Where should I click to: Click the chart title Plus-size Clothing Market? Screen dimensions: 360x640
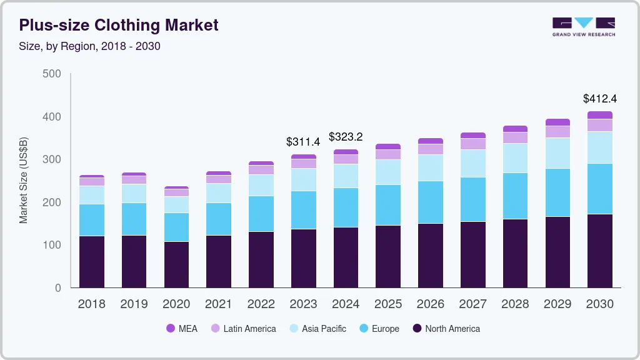(x=119, y=26)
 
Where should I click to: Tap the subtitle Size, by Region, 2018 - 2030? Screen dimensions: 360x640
(x=90, y=46)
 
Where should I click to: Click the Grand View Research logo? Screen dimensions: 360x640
(x=583, y=27)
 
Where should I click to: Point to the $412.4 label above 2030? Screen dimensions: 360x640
(x=599, y=99)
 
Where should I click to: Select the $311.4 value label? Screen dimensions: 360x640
(x=303, y=142)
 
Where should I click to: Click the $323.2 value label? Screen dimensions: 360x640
(x=346, y=137)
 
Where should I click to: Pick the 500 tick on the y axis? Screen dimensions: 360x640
(x=52, y=74)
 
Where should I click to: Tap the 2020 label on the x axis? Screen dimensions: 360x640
(x=176, y=304)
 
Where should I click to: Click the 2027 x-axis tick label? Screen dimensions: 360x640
(x=472, y=304)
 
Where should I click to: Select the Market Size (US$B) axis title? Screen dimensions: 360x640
(x=24, y=180)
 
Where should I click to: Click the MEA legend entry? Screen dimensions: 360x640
(x=181, y=329)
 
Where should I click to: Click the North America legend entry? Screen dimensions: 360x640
(x=446, y=329)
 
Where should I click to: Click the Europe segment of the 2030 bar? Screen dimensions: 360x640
(x=599, y=189)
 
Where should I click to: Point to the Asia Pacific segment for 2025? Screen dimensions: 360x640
(x=387, y=172)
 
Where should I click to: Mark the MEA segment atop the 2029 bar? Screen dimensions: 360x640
(x=557, y=122)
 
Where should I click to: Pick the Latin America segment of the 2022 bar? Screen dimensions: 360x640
(x=261, y=169)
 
